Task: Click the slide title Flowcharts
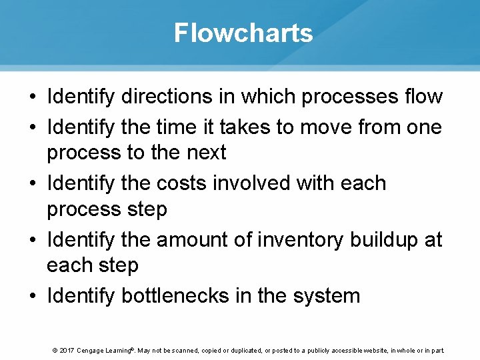tap(243, 32)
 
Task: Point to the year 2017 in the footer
tap(66, 350)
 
